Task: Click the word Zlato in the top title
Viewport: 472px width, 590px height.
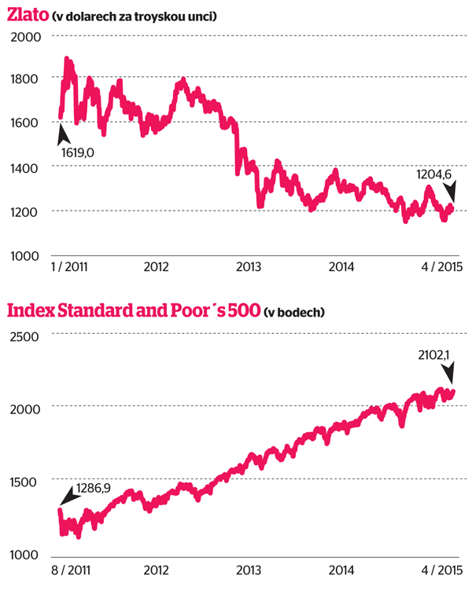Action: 27,15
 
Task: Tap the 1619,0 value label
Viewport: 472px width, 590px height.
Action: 77,152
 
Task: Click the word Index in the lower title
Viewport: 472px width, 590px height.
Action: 29,311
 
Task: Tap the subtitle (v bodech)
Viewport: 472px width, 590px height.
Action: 295,313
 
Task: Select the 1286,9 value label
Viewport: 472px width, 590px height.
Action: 94,489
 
